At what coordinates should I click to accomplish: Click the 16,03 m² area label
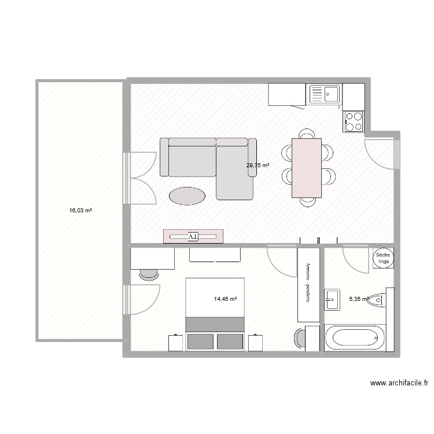pos(80,211)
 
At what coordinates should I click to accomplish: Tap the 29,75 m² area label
pos(258,165)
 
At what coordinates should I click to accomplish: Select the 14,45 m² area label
pos(225,299)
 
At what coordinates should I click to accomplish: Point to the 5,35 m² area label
pos(359,299)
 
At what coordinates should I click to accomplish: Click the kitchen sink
pos(324,94)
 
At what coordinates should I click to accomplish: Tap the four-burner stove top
pos(354,122)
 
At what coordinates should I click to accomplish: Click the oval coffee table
pos(187,196)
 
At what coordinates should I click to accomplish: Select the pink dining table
pos(307,168)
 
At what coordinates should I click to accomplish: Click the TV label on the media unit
pos(193,237)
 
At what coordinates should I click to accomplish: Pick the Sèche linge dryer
pos(383,258)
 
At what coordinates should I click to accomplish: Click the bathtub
pos(355,339)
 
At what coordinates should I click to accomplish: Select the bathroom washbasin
pos(332,299)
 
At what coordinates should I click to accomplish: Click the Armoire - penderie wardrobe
pos(308,285)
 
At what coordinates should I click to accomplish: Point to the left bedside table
pos(175,343)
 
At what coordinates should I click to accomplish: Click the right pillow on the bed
pos(230,341)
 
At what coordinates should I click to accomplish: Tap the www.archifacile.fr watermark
pos(399,383)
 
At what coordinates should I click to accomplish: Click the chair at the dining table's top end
pos(307,134)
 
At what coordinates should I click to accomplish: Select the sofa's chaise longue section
pos(235,172)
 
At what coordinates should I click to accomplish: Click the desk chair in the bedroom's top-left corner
pos(149,274)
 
